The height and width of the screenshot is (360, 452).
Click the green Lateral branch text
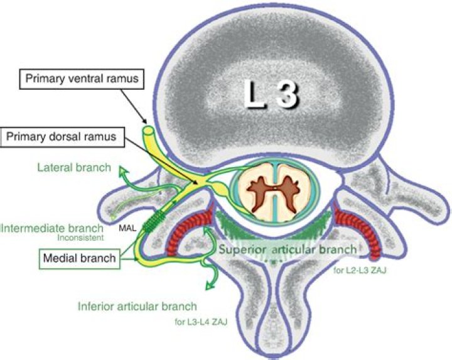click(x=73, y=168)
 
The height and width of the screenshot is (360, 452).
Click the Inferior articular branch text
click(x=138, y=307)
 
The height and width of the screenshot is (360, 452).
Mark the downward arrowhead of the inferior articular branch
click(x=208, y=287)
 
